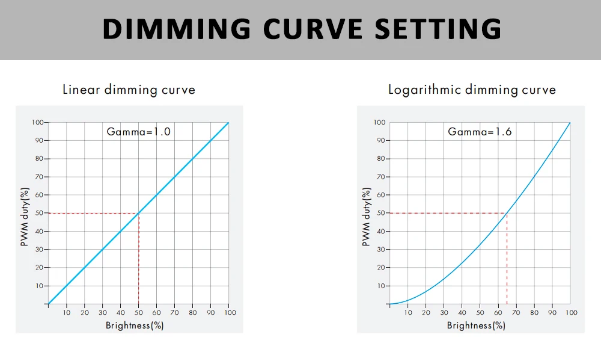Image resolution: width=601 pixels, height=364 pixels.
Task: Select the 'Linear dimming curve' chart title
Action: (x=129, y=90)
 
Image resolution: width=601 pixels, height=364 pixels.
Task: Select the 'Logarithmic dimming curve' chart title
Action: (x=472, y=90)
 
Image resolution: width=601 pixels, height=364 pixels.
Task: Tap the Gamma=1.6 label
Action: (x=480, y=131)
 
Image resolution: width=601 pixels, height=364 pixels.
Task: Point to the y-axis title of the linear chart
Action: (x=25, y=217)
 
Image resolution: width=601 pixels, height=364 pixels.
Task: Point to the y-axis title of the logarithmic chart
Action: (x=366, y=217)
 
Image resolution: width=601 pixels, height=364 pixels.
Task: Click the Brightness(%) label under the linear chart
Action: (x=135, y=325)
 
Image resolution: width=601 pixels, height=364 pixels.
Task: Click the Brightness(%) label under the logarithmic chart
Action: (x=476, y=325)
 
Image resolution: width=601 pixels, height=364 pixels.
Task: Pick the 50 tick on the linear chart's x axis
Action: (x=139, y=313)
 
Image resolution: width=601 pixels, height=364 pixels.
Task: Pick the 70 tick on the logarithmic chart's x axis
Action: (x=516, y=313)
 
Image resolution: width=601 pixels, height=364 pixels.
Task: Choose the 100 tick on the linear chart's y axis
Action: (x=37, y=122)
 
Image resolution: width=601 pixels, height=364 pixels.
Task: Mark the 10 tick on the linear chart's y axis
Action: (x=39, y=286)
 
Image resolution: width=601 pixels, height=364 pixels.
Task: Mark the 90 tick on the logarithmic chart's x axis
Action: (x=552, y=313)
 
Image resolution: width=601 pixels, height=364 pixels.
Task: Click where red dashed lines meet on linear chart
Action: (x=139, y=213)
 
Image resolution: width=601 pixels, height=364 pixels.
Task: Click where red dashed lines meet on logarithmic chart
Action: (x=507, y=213)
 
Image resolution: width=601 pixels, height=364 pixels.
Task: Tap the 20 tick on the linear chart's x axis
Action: (x=85, y=313)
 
